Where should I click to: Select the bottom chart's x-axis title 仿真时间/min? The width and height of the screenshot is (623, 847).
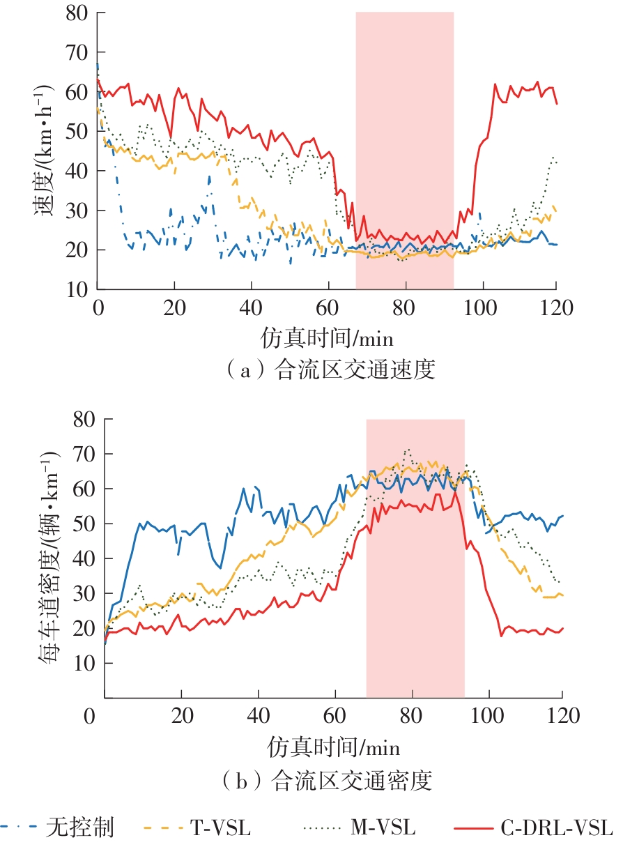coord(334,748)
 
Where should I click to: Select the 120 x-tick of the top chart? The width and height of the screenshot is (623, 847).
coord(556,307)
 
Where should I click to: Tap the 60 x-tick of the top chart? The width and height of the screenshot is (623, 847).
coord(327,307)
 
